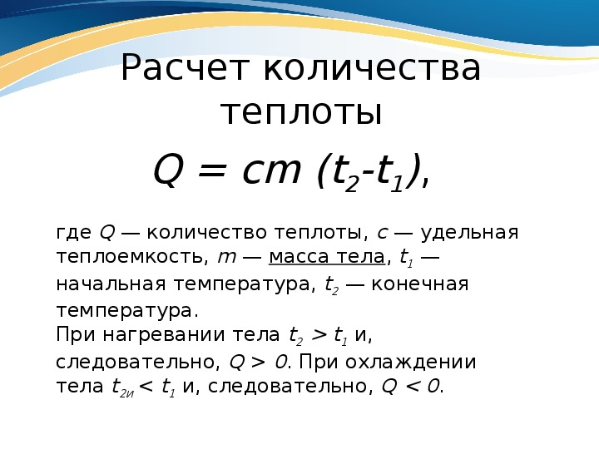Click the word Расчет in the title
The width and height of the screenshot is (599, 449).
coord(186,69)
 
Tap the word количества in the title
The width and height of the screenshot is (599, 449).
coord(372,68)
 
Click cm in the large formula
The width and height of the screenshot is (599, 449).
coord(271,171)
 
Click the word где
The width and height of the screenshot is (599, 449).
coord(74,233)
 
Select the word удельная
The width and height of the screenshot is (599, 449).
coord(469,233)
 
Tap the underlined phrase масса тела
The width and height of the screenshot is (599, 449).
coord(327,257)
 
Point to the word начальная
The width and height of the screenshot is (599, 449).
coord(111,284)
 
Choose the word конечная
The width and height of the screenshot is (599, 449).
coord(420,284)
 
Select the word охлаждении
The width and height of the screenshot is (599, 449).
coord(411,362)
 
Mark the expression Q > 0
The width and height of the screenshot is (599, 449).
coord(257,362)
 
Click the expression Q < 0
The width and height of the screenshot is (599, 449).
coord(411,387)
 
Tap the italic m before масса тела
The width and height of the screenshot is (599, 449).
coord(226,258)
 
